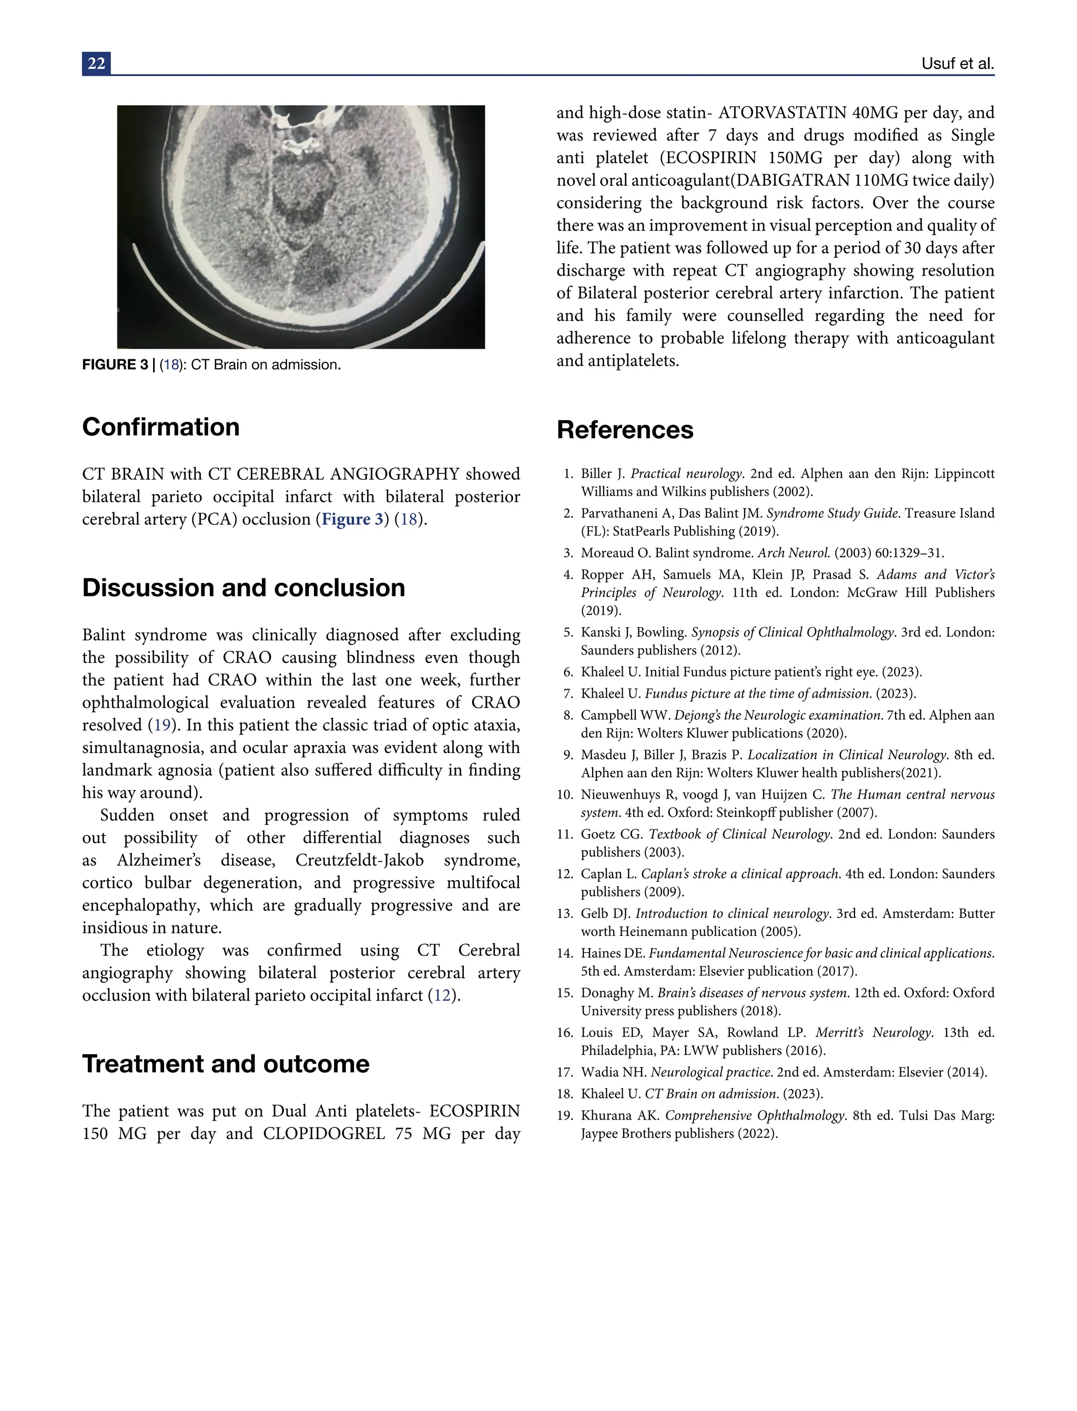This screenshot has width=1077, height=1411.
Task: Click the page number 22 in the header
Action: [96, 64]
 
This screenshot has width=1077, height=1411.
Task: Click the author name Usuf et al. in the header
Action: [957, 64]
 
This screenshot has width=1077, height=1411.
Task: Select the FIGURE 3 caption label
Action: [115, 365]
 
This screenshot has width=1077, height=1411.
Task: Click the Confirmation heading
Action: [161, 427]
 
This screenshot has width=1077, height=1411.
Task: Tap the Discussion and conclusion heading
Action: [243, 588]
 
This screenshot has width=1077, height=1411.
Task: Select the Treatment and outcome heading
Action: [226, 1064]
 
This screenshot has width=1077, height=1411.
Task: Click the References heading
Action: [625, 430]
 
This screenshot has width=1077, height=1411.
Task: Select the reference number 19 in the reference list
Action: [564, 1115]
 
